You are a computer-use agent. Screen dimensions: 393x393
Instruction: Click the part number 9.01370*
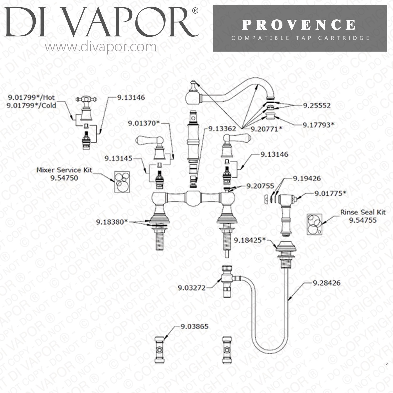pos(144,123)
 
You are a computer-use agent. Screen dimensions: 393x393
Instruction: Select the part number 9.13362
pos(222,129)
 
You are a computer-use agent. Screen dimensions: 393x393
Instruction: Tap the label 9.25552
pos(317,106)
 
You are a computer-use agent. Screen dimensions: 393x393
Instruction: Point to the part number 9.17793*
pos(319,125)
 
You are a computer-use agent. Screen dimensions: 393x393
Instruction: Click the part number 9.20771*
pos(266,129)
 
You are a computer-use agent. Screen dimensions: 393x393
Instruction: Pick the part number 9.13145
pos(118,158)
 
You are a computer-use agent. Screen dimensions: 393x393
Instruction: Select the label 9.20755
pos(260,186)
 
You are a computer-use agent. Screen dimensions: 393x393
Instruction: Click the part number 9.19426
pos(307,178)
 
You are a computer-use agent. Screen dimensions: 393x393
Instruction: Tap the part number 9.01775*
pos(330,193)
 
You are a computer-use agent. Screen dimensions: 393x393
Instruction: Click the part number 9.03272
pos(192,288)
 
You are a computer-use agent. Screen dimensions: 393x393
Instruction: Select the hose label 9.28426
pos(327,283)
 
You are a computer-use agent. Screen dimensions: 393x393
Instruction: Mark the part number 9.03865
pos(194,326)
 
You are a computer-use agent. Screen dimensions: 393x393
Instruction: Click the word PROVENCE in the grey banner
pos(299,25)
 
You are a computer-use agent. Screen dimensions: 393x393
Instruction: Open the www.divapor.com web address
pos(101,47)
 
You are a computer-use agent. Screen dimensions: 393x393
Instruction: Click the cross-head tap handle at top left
pos(86,99)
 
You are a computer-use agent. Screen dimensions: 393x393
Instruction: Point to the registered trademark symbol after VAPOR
pos(195,11)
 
